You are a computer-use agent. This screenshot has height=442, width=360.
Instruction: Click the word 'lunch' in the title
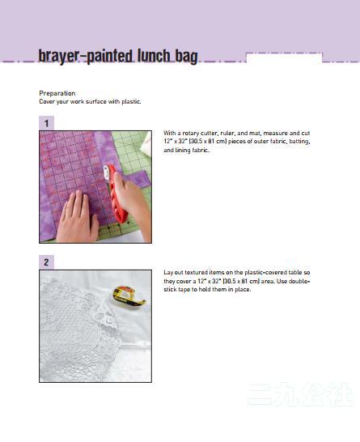[154, 56]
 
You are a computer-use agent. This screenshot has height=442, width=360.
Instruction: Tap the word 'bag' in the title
[187, 57]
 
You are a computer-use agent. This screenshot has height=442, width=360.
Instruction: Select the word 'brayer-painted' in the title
[86, 57]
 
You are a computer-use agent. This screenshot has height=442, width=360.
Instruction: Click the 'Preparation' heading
[57, 93]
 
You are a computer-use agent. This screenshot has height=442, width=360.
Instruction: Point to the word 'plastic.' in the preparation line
[131, 101]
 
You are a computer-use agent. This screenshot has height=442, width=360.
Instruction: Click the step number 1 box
[46, 123]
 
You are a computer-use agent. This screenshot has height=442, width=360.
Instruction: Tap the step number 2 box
[46, 262]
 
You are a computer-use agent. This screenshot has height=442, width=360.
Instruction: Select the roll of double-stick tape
[129, 295]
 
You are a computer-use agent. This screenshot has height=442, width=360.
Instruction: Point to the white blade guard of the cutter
[106, 172]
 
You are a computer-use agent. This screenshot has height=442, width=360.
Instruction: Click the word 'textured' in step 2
[196, 273]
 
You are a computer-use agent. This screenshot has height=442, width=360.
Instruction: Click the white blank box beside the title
[284, 58]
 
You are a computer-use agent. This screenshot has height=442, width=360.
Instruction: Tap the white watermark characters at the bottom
[299, 394]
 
